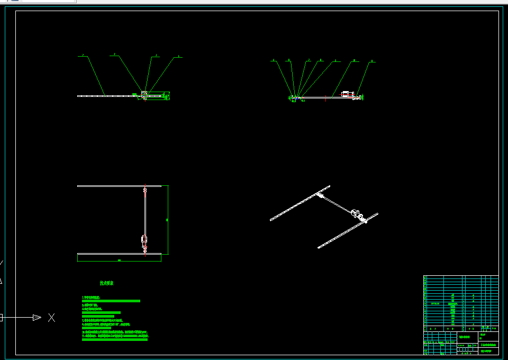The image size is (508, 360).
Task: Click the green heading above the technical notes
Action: tap(106, 283)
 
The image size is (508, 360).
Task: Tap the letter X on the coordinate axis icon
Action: tap(51, 318)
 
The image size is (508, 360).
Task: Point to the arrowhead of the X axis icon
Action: tap(37, 318)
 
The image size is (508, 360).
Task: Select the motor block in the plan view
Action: tap(144, 239)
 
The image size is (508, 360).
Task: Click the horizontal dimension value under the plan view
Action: tap(119, 260)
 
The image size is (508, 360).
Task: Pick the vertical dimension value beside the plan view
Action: tap(167, 219)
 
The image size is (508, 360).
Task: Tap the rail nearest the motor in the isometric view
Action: tap(348, 231)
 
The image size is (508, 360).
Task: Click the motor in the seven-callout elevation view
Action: tap(347, 94)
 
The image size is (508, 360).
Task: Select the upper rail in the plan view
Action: tap(119, 186)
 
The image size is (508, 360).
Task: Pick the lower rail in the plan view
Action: tap(119, 254)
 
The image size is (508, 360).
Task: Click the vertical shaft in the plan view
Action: tap(144, 212)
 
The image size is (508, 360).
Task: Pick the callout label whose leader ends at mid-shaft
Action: tap(335, 61)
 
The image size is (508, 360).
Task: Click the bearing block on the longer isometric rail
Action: tap(321, 195)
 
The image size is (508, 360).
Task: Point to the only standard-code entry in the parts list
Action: tap(435, 304)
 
